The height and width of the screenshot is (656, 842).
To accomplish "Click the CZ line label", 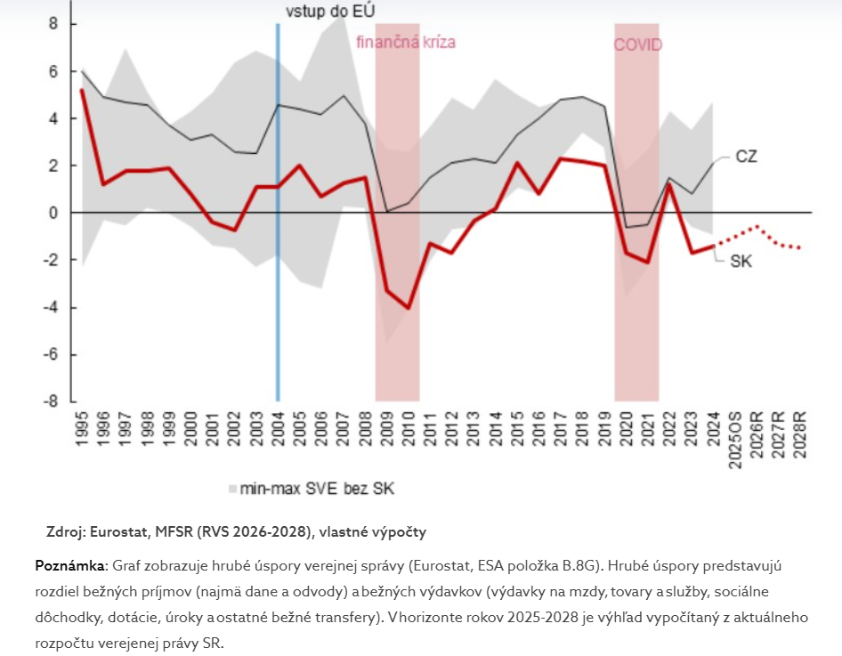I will pos(746,157).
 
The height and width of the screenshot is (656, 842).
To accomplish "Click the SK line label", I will pos(741,262).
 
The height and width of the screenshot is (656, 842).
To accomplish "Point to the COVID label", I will pos(638,44).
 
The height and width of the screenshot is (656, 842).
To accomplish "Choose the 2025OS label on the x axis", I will pos(736,436).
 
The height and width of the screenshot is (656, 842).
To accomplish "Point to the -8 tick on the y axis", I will pos(53,401).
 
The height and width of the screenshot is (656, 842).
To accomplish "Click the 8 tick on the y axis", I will pos(53,24).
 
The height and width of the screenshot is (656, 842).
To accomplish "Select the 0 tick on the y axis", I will pos(53,213).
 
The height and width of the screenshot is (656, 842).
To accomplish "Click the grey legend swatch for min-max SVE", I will pos(233,488).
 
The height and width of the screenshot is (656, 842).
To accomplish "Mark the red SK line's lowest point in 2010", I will pos(409,308).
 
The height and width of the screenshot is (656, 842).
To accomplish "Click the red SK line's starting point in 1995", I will pos(82,90).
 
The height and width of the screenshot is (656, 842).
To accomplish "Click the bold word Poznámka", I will pos(70,566).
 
